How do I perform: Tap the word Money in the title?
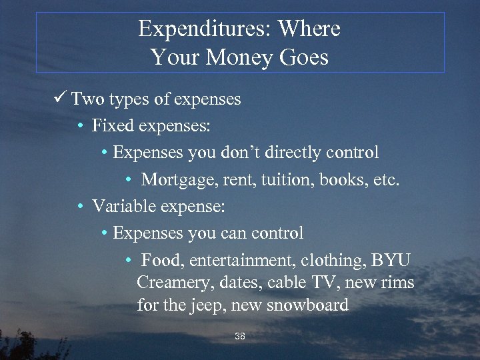click(x=237, y=57)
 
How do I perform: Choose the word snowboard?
click(x=307, y=305)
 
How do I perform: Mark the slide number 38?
click(x=240, y=337)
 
